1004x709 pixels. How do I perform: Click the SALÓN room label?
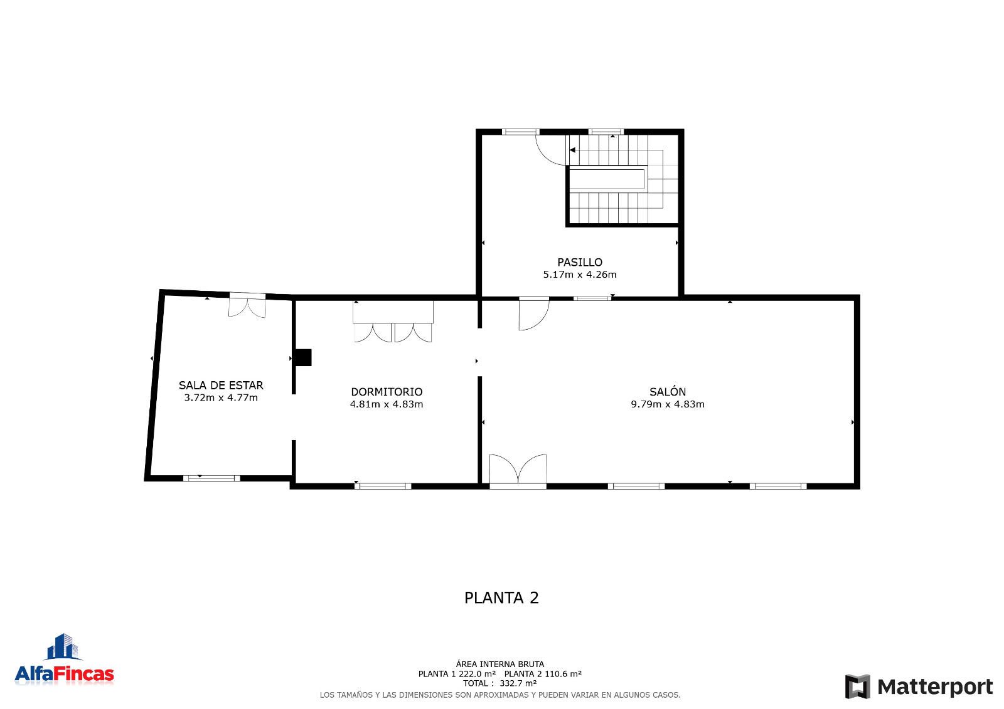pos(668,392)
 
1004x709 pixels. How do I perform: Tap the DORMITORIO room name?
pos(387,392)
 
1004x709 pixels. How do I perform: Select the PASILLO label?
pos(580,262)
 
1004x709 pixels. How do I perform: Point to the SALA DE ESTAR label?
pos(221,385)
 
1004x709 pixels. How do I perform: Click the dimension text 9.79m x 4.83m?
pos(668,404)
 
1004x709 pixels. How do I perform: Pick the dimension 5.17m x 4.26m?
pos(580,275)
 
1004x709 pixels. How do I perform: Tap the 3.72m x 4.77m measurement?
pos(221,397)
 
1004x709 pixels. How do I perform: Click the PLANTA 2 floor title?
pos(501,598)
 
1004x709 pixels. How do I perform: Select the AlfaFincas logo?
pos(64,660)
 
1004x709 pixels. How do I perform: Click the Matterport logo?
pos(919,686)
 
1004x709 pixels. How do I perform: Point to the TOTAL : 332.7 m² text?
pos(499,683)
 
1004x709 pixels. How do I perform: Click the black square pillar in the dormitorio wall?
pos(304,357)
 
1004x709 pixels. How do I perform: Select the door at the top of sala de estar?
pos(247,305)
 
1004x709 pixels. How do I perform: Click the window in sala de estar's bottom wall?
pos(211,478)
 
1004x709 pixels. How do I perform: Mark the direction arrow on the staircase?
pos(572,150)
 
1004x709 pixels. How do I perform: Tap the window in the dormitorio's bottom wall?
pos(383,486)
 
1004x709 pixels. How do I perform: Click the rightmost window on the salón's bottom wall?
pos(778,486)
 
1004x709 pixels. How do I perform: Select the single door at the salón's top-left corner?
pos(534,313)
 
